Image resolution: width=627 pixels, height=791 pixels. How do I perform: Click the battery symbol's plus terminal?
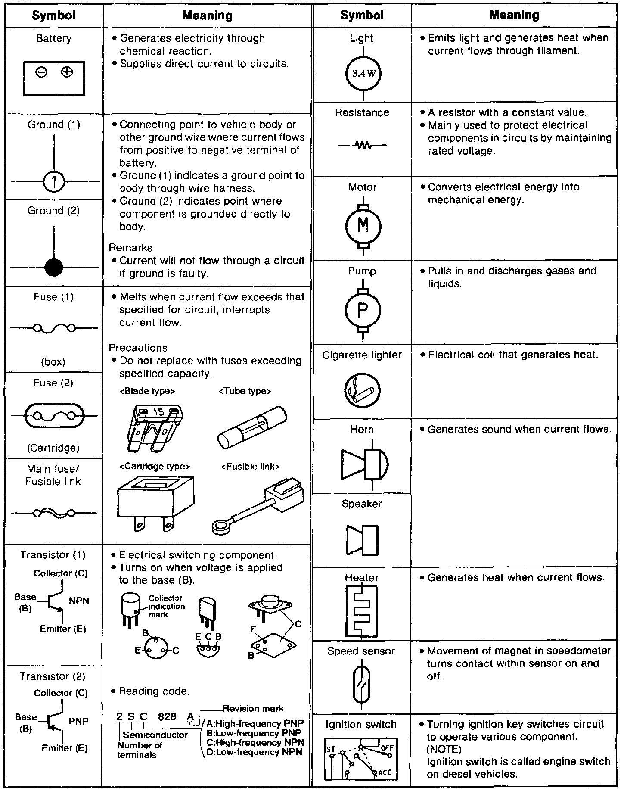click(x=67, y=72)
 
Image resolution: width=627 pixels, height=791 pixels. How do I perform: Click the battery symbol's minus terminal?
click(x=41, y=72)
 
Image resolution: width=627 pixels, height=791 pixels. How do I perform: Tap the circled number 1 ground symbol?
click(x=54, y=182)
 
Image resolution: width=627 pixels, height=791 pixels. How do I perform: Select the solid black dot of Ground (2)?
click(x=54, y=268)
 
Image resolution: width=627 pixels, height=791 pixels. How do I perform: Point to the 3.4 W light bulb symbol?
click(x=363, y=73)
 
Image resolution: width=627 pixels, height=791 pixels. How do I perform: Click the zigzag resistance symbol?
click(x=363, y=146)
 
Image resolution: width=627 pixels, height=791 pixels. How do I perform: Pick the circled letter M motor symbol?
click(x=363, y=225)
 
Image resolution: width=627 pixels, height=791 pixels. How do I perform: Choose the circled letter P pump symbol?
click(x=363, y=309)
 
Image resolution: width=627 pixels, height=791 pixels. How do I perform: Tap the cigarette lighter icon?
click(x=362, y=390)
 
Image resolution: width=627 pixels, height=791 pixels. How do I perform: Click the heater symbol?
click(x=361, y=611)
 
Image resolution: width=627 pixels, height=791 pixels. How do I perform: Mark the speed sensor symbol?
click(x=361, y=685)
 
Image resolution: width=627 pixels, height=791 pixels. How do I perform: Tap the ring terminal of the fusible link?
click(x=221, y=525)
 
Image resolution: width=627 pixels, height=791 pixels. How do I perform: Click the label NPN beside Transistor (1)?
click(x=79, y=601)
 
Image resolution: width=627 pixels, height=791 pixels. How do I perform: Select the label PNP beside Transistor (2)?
click(x=78, y=721)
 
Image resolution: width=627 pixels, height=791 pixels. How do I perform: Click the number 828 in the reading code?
click(x=167, y=716)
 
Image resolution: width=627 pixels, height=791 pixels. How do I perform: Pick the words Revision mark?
click(x=253, y=708)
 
